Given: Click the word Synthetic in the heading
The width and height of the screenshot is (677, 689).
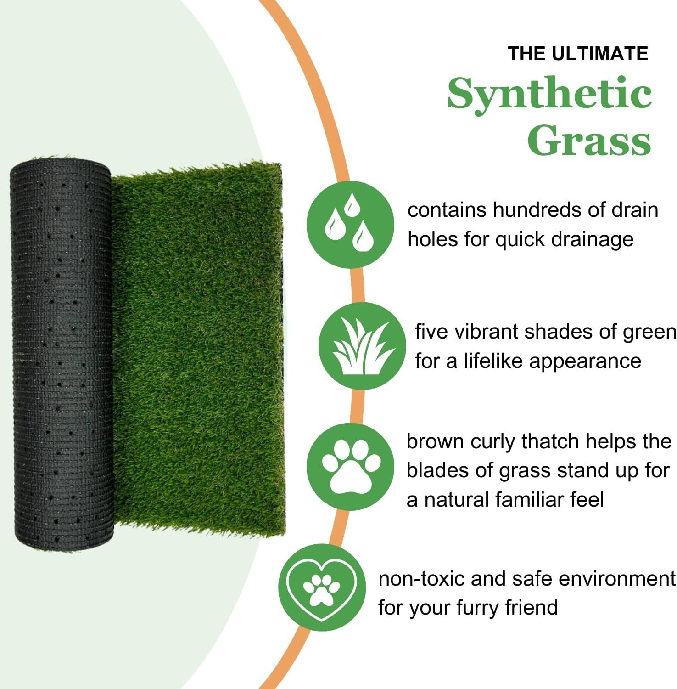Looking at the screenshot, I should pos(549,94).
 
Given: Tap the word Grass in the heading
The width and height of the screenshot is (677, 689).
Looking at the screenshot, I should pos(589,140).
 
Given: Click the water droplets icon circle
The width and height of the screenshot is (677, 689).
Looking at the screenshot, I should pos(350,225).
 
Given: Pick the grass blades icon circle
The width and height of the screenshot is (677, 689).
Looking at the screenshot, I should pos(362,346).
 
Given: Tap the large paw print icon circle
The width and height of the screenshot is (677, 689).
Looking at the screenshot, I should pos(350,466).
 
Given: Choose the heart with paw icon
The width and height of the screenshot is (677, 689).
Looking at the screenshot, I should pos(322,588).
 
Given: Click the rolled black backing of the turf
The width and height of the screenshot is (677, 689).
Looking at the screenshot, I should pos(62,354).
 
